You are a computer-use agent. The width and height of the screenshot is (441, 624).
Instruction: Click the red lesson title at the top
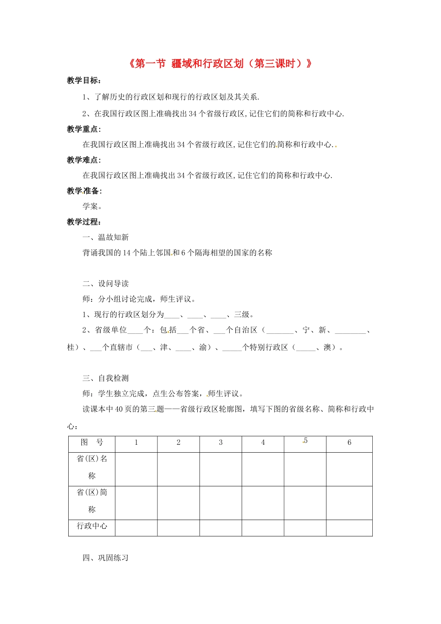pos(220,64)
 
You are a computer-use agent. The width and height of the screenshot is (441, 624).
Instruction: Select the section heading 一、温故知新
pos(105,237)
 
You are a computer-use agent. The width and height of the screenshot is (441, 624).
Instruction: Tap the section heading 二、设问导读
pos(105,284)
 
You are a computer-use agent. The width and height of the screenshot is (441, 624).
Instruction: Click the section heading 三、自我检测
pos(105,378)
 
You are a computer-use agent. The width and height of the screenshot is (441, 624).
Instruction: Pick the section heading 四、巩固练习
pos(105,558)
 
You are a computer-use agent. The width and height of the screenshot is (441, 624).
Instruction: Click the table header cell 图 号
pos(92,442)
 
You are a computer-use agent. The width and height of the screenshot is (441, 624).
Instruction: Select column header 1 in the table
pos(136,442)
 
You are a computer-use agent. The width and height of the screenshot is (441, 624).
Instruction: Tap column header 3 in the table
pos(220,442)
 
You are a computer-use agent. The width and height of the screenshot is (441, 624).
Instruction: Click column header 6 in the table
pos(349,442)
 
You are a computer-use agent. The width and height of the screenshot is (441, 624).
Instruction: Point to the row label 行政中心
pos(92,526)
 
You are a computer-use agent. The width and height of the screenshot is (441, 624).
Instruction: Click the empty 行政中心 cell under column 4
pos(263,528)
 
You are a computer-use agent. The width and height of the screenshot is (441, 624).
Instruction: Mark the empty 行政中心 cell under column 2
pos(178,528)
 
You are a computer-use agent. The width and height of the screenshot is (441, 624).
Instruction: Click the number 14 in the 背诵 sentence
pos(127,253)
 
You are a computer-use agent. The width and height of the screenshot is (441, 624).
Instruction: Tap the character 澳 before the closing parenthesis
pos(327,347)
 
